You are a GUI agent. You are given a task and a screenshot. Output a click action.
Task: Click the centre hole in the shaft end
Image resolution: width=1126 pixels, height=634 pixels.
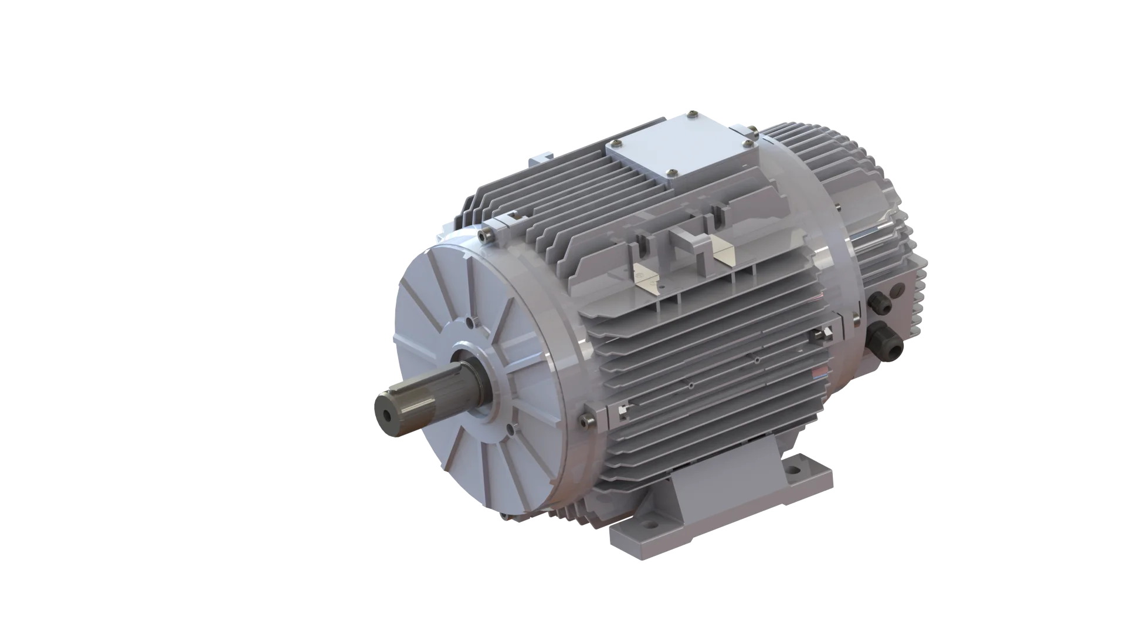click(x=388, y=414)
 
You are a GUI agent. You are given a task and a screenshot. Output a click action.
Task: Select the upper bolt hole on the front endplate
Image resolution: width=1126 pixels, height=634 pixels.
click(x=473, y=322)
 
